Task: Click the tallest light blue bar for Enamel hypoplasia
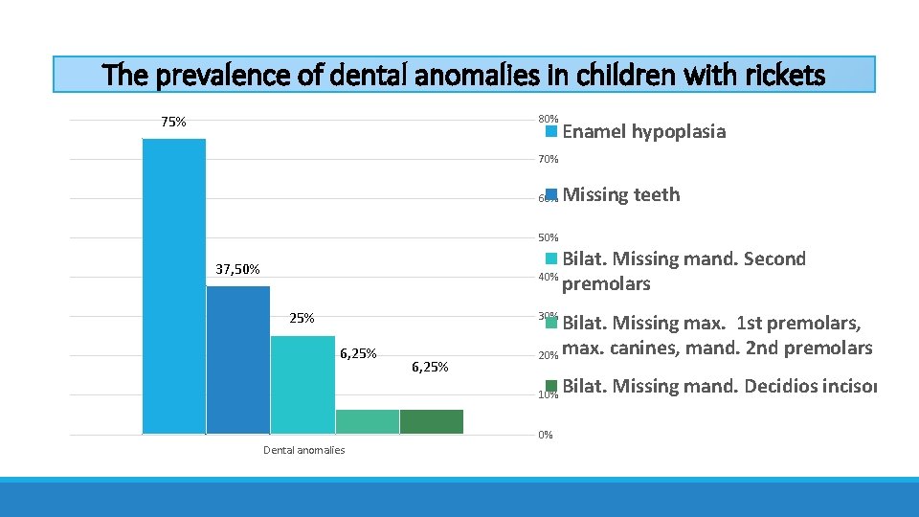point(173,286)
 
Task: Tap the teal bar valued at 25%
point(302,385)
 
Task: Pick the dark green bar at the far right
point(431,421)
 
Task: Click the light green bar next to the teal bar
point(367,421)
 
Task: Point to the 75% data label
point(173,123)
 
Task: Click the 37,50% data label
point(237,270)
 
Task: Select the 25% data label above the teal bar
point(302,318)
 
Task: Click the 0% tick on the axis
point(545,435)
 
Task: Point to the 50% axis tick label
point(548,237)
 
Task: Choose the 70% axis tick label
point(548,159)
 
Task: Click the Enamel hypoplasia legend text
point(643,132)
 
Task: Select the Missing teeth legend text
point(621,195)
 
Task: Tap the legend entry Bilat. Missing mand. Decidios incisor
point(719,387)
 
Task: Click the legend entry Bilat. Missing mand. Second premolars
point(684,271)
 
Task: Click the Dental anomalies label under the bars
point(303,450)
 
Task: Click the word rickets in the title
point(776,75)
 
